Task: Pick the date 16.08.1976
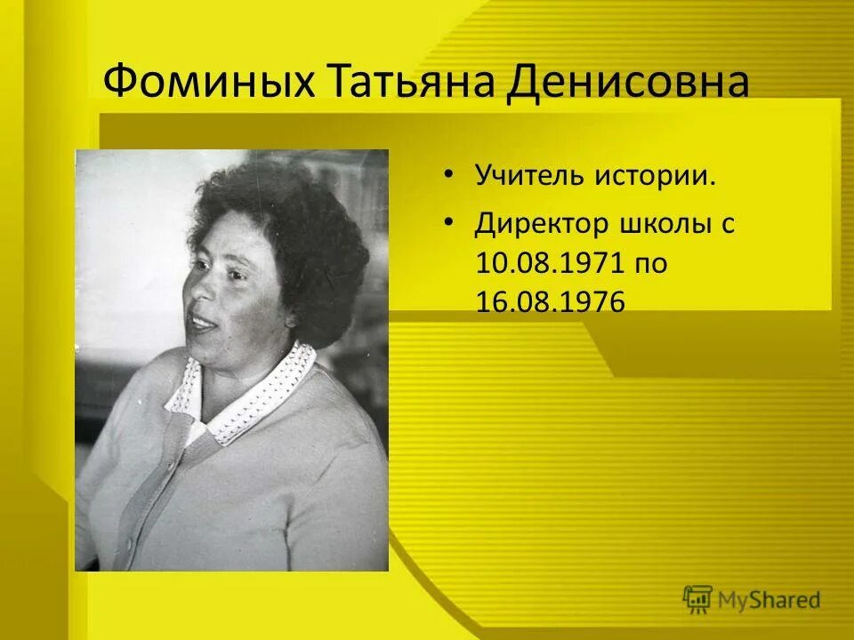coord(549,301)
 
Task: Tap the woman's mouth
coord(203,323)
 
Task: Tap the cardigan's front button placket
coord(142,498)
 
